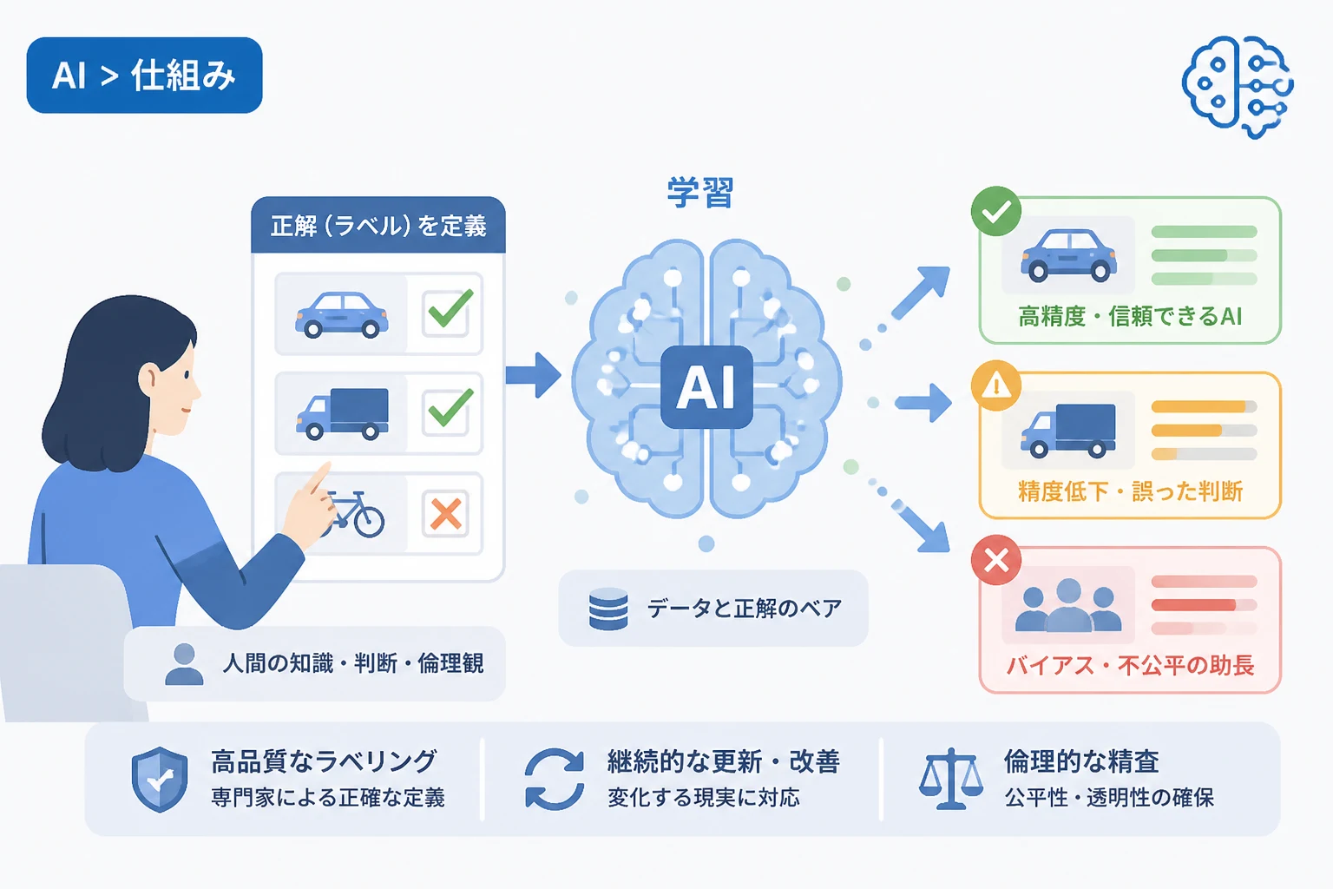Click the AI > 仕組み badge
coord(145,76)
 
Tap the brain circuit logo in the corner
coord(1238,87)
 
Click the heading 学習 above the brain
coord(699,193)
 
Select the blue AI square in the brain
coord(706,387)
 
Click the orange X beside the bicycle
coord(446,513)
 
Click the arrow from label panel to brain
coord(533,375)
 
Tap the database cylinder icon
coord(608,609)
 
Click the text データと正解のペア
coord(745,609)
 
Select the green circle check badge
coord(996,211)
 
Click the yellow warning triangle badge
coord(996,385)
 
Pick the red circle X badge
coord(996,560)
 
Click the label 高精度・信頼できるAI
coord(1130,316)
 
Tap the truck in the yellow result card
coord(1068,431)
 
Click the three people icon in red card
coord(1068,605)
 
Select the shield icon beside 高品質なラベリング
coord(160,779)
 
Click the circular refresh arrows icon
coord(555,779)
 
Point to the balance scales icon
coord(951,779)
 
